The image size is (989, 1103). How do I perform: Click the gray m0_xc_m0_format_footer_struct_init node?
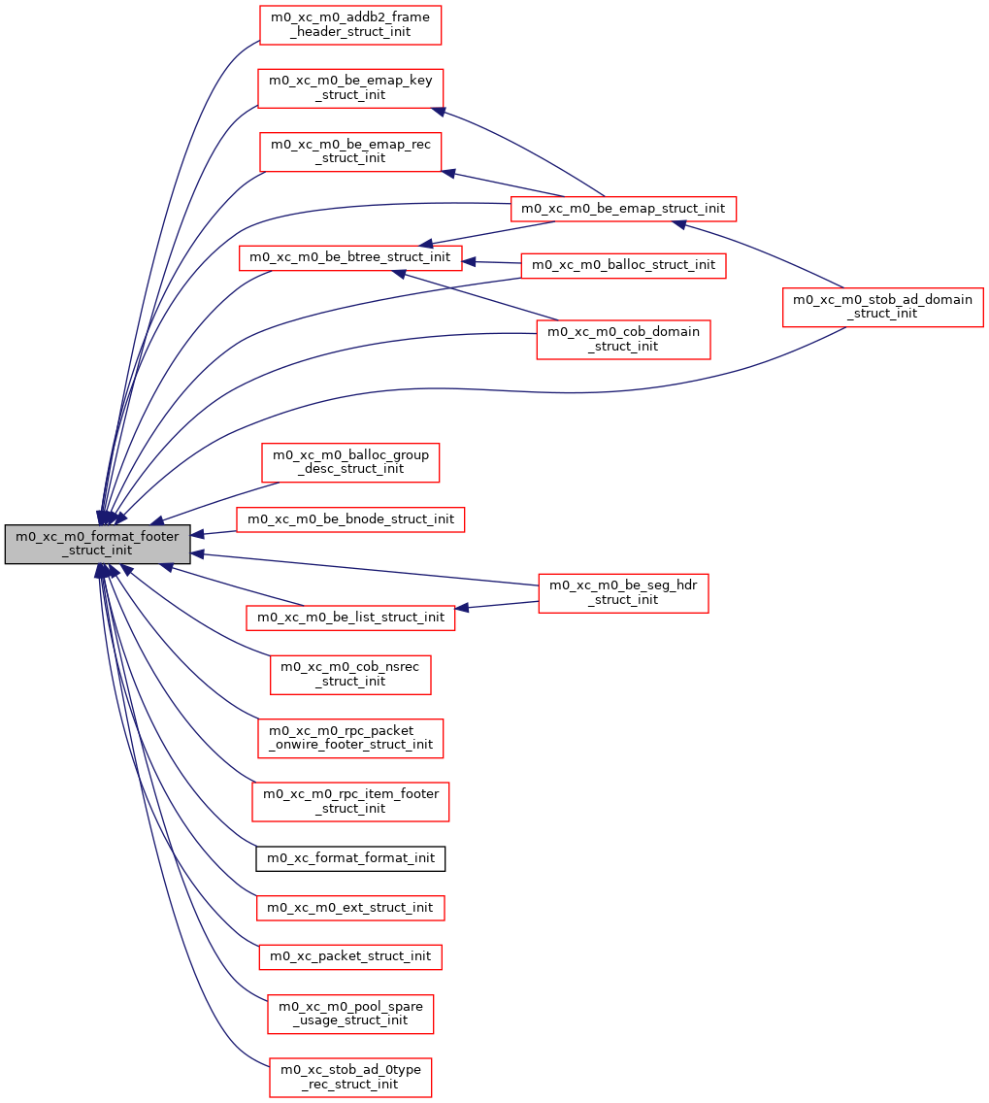click(97, 544)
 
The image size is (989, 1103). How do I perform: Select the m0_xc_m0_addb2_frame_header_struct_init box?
click(350, 24)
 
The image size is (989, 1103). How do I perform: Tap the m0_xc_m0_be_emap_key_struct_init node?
click(350, 87)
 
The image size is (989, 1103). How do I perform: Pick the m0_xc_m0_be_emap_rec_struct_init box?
click(350, 150)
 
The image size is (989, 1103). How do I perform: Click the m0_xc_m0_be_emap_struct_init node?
click(624, 208)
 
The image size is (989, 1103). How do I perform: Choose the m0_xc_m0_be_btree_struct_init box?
click(350, 257)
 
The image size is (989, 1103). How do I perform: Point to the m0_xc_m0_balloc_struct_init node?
click(624, 264)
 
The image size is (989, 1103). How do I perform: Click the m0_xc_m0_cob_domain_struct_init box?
click(624, 339)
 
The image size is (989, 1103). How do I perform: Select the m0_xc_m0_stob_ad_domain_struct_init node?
click(883, 307)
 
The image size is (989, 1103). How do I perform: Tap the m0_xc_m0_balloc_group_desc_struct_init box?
click(350, 461)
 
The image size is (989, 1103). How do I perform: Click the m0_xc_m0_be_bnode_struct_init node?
click(350, 519)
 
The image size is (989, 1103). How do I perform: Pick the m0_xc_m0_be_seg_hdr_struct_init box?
click(624, 592)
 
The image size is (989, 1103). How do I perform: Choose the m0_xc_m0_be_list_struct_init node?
click(350, 617)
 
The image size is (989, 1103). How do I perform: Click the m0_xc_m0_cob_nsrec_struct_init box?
click(350, 674)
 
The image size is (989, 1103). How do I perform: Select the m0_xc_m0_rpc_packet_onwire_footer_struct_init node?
click(350, 738)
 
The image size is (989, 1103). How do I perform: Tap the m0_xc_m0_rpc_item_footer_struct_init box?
click(350, 801)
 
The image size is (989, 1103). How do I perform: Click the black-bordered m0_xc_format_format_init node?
click(350, 858)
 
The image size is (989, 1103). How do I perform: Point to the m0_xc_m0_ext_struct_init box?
click(350, 908)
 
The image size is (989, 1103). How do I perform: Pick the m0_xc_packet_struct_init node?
click(350, 956)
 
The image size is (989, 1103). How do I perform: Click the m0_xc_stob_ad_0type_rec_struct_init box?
click(350, 1077)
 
